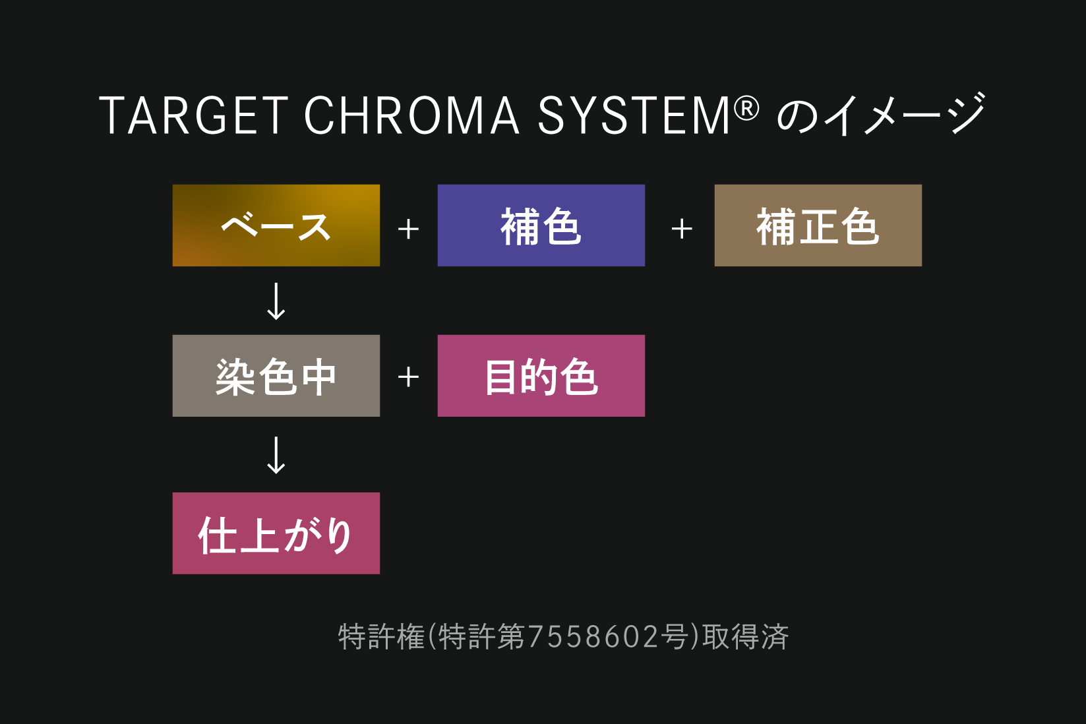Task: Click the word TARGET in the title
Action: click(194, 115)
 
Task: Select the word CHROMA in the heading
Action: click(411, 115)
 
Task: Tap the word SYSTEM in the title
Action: click(634, 115)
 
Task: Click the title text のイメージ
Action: click(881, 115)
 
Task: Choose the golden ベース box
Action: click(276, 226)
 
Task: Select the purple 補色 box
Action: click(541, 226)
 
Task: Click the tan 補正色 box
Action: click(818, 226)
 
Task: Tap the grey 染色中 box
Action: click(276, 376)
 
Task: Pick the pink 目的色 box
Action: click(541, 376)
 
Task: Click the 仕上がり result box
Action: click(276, 533)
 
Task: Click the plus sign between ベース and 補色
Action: click(408, 229)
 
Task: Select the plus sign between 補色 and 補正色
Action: click(682, 229)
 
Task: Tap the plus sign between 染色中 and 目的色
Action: click(408, 377)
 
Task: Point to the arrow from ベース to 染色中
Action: click(276, 301)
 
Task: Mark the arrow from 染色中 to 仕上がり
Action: click(276, 455)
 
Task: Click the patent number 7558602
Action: click(593, 637)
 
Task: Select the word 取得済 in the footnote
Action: click(746, 636)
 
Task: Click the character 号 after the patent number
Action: click(674, 636)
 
